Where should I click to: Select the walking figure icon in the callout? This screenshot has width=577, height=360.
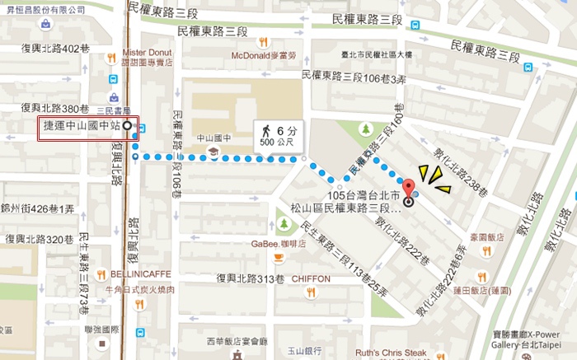tap(266, 131)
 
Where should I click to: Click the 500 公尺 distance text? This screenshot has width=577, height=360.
tap(277, 143)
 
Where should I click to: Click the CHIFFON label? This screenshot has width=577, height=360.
tap(311, 278)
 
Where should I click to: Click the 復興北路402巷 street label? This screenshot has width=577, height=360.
tap(54, 49)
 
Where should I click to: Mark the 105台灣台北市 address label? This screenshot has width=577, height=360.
tap(363, 196)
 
